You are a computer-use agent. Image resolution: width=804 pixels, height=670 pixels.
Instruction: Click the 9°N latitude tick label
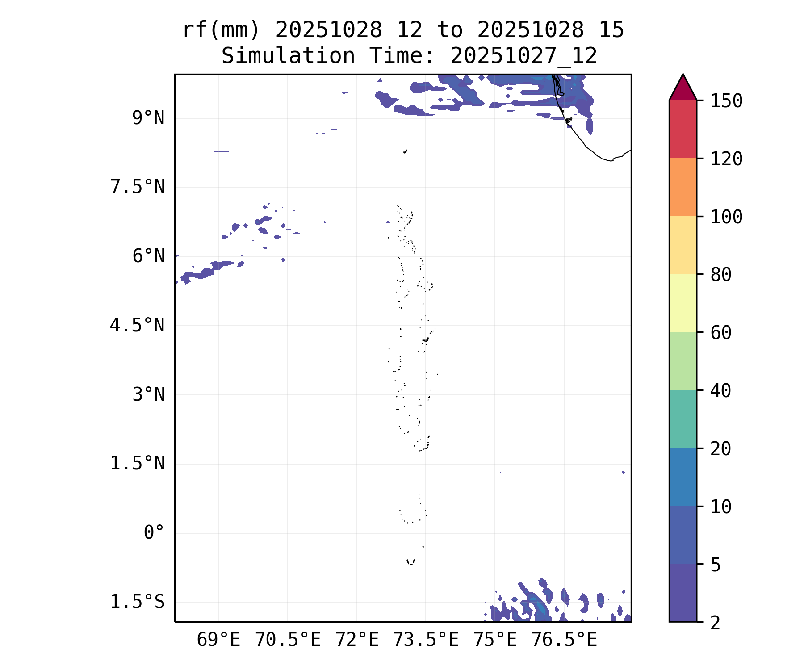click(148, 118)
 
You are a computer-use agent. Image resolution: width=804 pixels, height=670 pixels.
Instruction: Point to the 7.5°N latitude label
click(137, 187)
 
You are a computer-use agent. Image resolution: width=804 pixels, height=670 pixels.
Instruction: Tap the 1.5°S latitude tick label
click(137, 602)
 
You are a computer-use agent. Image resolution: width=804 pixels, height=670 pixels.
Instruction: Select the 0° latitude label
click(154, 533)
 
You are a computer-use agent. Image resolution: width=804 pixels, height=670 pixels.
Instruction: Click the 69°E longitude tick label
click(218, 640)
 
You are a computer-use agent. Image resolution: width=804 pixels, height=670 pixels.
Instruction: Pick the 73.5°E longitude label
click(426, 640)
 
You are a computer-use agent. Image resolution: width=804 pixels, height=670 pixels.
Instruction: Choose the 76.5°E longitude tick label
click(564, 640)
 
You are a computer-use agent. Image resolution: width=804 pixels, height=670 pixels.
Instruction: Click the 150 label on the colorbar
click(726, 101)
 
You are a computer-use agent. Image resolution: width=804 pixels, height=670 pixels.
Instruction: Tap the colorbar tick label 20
click(721, 449)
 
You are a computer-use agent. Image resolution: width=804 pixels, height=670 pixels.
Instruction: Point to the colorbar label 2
click(716, 623)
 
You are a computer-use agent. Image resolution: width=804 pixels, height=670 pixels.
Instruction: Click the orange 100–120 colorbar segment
click(683, 187)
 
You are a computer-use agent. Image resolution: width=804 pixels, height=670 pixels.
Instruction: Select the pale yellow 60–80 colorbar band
click(683, 303)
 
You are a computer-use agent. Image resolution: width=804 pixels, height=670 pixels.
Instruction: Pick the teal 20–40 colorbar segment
click(683, 419)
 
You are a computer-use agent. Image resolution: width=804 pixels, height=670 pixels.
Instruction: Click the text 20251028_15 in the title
click(550, 30)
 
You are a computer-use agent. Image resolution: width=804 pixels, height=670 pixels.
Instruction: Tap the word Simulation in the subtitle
click(288, 56)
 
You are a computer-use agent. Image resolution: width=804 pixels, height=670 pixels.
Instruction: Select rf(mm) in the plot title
click(221, 30)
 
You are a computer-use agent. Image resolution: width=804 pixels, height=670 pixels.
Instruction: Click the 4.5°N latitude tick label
click(137, 326)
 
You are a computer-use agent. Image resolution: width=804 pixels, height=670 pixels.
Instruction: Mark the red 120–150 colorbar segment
click(683, 129)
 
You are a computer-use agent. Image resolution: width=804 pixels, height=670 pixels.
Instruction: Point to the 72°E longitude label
click(357, 640)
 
